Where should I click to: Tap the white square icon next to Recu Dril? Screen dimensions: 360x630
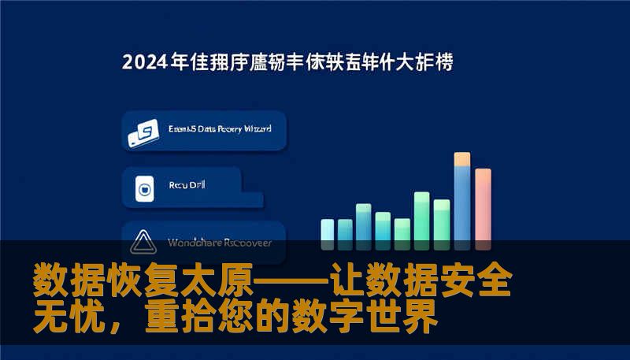pos(144,188)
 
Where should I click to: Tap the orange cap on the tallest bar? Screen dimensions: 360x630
pos(462,158)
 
